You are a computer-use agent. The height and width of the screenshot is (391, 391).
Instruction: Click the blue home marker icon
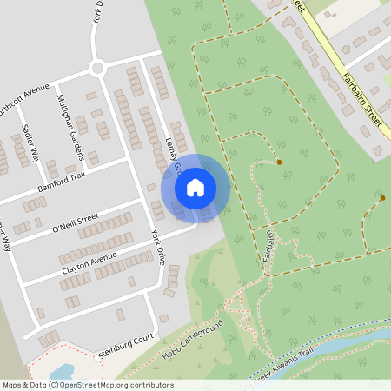coord(195,187)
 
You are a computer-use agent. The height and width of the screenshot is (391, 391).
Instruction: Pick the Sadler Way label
coord(30,142)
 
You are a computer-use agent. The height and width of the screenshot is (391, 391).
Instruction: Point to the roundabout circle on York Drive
coord(97,68)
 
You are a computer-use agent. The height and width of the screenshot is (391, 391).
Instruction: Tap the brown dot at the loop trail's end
coord(279,162)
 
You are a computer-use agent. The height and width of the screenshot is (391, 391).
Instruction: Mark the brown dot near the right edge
coord(382,198)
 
